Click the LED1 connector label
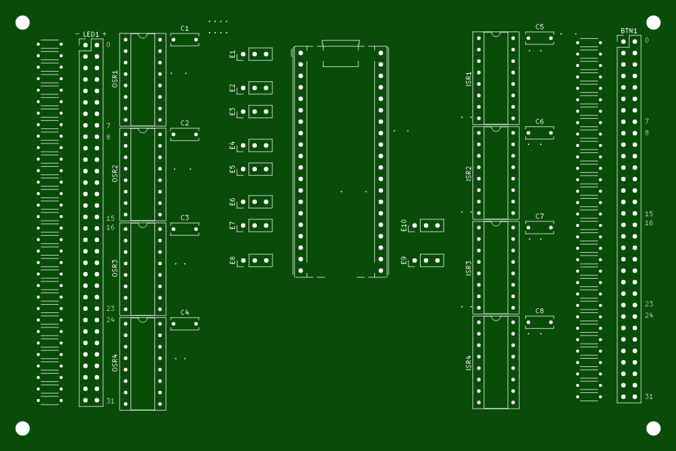tap(91, 34)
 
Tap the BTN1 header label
tap(629, 31)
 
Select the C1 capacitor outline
tap(184, 40)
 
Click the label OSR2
tap(115, 173)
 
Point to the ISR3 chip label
tap(468, 268)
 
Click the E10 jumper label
tap(404, 225)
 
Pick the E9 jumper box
tap(432, 260)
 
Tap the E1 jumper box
tap(260, 54)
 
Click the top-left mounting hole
tap(23, 23)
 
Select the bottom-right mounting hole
tap(653, 428)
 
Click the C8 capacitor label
tap(539, 311)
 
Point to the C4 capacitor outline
tap(184, 324)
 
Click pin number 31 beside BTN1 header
tap(649, 396)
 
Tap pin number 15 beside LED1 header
tap(111, 218)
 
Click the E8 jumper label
tap(232, 260)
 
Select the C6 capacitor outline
tap(539, 133)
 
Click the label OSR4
tap(115, 363)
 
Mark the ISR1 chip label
tap(468, 79)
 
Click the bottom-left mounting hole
tap(23, 428)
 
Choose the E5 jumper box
tap(260, 169)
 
